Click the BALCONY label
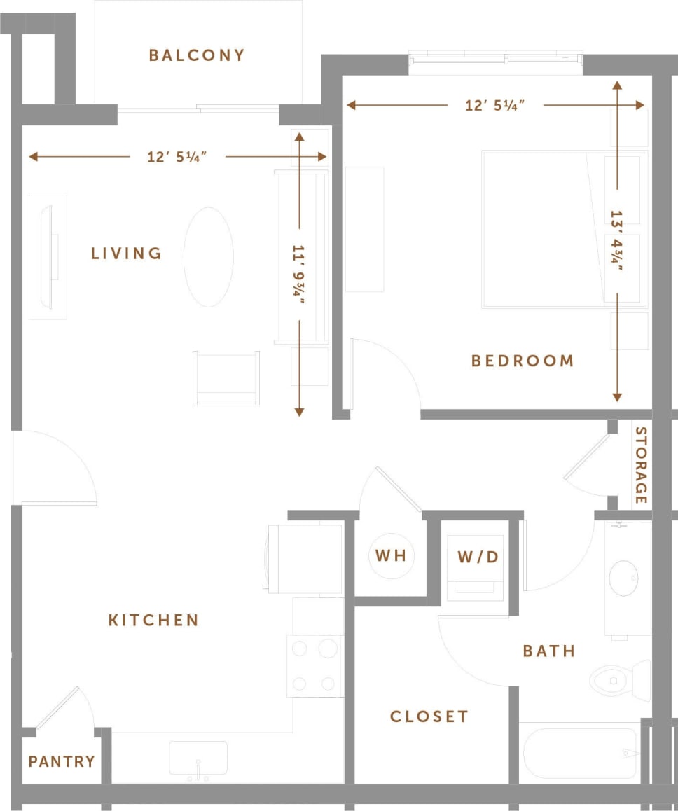tap(197, 55)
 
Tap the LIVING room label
tap(126, 254)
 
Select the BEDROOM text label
tap(523, 361)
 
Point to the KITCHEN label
tap(153, 620)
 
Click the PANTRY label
tap(62, 761)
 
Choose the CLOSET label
tap(429, 716)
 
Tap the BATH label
tap(549, 651)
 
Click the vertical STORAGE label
tap(640, 465)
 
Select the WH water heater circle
tap(391, 556)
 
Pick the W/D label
tap(478, 557)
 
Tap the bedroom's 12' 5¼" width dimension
tap(495, 106)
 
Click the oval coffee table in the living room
tap(209, 257)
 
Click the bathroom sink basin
tap(623, 578)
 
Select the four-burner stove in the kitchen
tap(315, 665)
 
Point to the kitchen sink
tap(198, 758)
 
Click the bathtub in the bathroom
tap(580, 753)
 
